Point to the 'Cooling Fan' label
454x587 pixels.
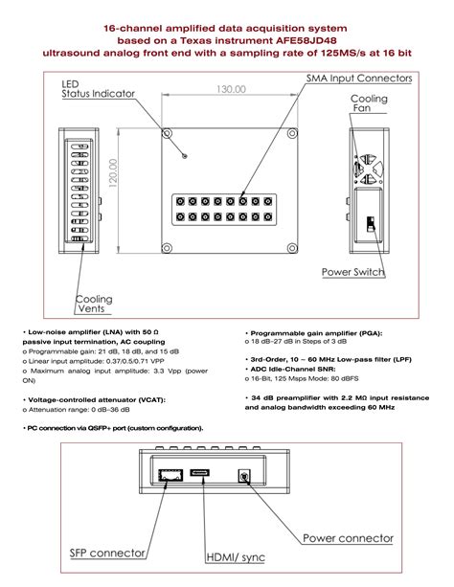[x=368, y=104]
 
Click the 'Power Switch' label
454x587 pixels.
[x=352, y=273]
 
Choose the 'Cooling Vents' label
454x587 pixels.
[x=94, y=305]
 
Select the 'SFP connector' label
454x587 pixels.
[x=107, y=553]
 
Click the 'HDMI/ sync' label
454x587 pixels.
[x=236, y=558]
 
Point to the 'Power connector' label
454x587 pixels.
[x=348, y=538]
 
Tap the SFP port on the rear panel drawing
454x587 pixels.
[x=174, y=475]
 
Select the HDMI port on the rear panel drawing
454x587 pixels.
[x=201, y=473]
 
